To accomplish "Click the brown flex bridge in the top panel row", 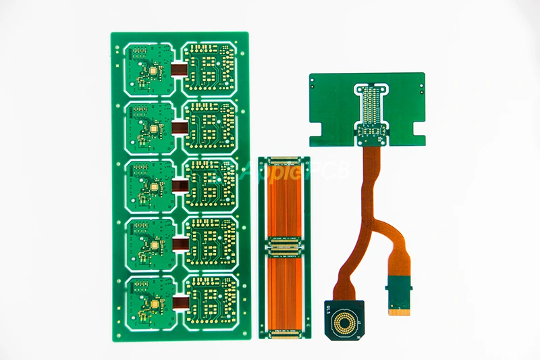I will [x=179, y=68].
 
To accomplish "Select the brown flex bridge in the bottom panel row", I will [x=179, y=302].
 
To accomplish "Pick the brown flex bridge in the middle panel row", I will [x=179, y=185].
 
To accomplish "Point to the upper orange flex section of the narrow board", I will [x=285, y=200].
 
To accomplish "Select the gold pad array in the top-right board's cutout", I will [x=371, y=108].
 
